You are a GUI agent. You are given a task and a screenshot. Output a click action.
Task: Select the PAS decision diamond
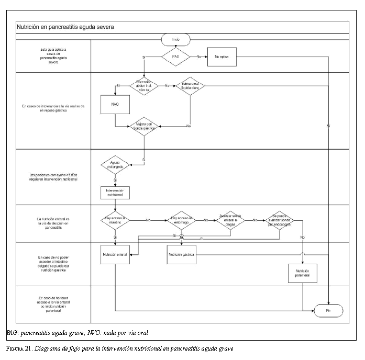click(x=176, y=56)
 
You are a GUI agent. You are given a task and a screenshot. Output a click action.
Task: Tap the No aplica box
click(x=222, y=56)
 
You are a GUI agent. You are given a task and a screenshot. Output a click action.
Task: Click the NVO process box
click(x=115, y=104)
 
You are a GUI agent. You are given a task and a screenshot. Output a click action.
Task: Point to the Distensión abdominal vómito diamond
click(x=144, y=85)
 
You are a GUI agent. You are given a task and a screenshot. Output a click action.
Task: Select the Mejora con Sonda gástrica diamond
click(x=144, y=126)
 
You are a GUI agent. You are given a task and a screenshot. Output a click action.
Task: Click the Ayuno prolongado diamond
click(x=115, y=165)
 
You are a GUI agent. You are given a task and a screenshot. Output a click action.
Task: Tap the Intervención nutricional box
click(x=115, y=192)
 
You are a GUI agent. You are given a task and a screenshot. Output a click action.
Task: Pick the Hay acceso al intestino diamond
click(x=115, y=220)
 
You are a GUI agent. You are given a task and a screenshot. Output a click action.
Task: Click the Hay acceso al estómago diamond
click(x=182, y=220)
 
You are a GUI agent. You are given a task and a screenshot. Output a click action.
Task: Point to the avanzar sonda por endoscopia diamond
click(x=279, y=220)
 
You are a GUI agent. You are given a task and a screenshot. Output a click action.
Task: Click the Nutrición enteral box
click(x=115, y=254)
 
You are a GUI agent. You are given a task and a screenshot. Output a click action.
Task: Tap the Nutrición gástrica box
click(x=182, y=254)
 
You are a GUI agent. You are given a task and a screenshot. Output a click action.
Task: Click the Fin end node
click(x=328, y=310)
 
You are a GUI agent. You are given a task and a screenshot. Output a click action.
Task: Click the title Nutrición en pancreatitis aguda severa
click(x=65, y=26)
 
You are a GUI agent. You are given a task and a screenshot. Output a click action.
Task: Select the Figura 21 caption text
click(x=119, y=348)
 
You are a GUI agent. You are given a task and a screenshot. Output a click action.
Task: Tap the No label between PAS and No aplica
click(x=200, y=56)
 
